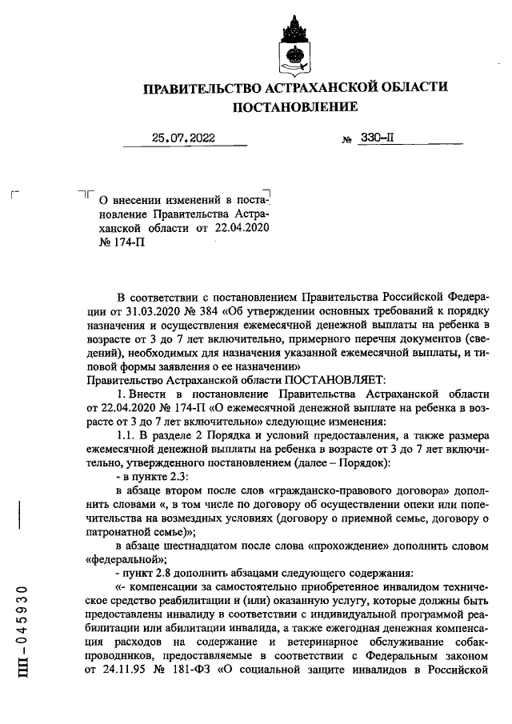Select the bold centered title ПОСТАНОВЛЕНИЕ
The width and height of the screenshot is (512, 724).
click(x=294, y=106)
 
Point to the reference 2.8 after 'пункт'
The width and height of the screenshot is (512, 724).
click(x=168, y=574)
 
